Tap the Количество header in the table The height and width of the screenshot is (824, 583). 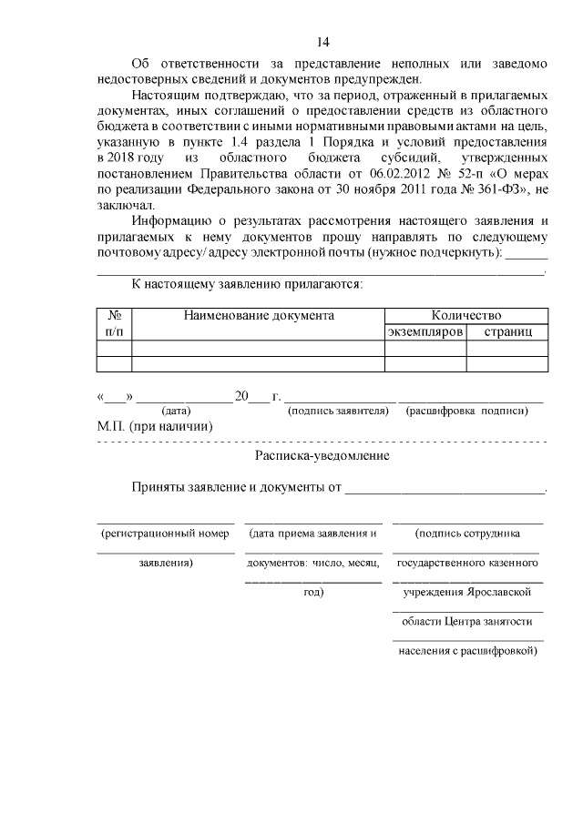pyautogui.click(x=465, y=316)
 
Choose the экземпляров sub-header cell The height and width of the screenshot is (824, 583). pyautogui.click(x=425, y=332)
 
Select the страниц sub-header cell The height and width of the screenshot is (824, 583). pyautogui.click(x=507, y=332)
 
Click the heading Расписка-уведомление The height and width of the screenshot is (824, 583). pyautogui.click(x=322, y=455)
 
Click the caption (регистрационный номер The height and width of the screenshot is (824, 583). pyautogui.click(x=165, y=533)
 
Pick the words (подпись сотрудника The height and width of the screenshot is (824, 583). pyautogui.click(x=467, y=533)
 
